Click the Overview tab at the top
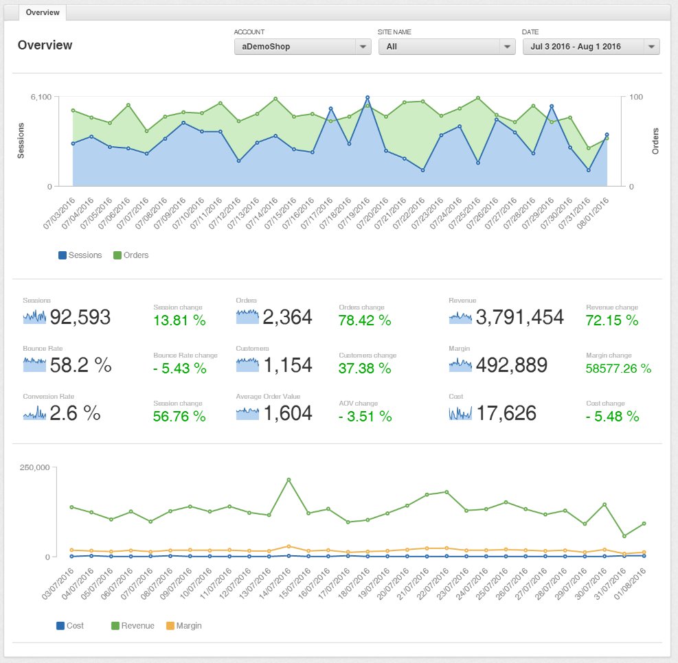43,12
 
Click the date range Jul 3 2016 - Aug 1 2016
591,47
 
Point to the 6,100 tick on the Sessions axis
41,97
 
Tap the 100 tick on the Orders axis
636,97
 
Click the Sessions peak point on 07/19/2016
368,97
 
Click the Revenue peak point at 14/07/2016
289,480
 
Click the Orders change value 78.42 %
365,321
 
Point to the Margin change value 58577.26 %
618,369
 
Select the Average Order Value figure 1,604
287,413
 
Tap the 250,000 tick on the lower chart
36,468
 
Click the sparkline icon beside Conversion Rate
34,413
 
